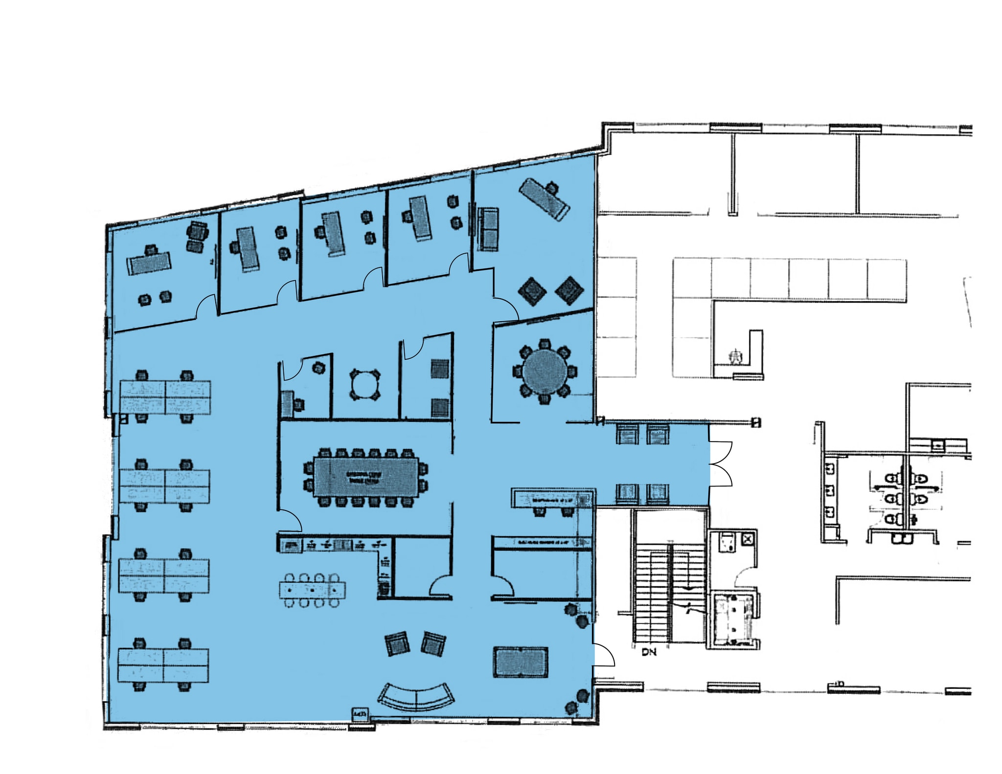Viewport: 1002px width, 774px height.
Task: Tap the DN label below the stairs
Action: click(x=649, y=652)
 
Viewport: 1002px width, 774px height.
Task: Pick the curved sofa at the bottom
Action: click(x=416, y=696)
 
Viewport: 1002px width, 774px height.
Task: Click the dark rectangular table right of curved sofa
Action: click(x=520, y=662)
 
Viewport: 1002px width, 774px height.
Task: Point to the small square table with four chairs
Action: click(x=364, y=385)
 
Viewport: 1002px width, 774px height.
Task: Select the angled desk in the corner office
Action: click(x=544, y=199)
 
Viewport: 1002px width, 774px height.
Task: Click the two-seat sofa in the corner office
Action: click(x=488, y=229)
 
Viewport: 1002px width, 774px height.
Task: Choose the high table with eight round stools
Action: click(x=312, y=590)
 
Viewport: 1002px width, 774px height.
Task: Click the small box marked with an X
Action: click(x=748, y=539)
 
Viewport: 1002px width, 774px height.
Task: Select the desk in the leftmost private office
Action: click(x=149, y=263)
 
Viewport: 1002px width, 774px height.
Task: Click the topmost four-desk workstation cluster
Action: click(x=165, y=397)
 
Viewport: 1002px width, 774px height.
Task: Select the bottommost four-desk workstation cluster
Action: click(x=163, y=665)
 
